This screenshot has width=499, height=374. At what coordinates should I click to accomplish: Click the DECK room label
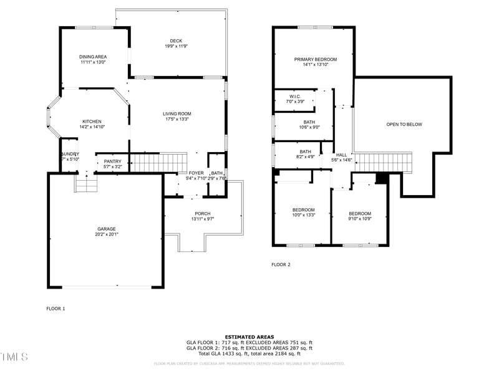pyautogui.click(x=177, y=41)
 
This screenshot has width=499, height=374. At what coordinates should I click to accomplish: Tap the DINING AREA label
pyautogui.click(x=93, y=57)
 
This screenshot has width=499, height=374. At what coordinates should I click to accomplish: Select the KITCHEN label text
pyautogui.click(x=92, y=122)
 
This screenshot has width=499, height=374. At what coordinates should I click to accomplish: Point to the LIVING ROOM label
pyautogui.click(x=177, y=113)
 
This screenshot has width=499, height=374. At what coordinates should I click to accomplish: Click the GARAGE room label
pyautogui.click(x=106, y=229)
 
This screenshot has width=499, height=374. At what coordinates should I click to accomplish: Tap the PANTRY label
pyautogui.click(x=112, y=161)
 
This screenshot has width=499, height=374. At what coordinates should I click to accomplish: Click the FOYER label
pyautogui.click(x=196, y=173)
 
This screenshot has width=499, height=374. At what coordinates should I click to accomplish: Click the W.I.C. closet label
pyautogui.click(x=295, y=96)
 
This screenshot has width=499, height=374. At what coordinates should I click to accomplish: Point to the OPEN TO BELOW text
pyautogui.click(x=404, y=124)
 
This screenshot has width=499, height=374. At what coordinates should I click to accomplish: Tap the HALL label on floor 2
pyautogui.click(x=342, y=155)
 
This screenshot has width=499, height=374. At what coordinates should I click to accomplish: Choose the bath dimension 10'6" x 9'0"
pyautogui.click(x=309, y=127)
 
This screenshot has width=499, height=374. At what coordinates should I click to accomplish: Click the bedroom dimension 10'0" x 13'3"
pyautogui.click(x=304, y=215)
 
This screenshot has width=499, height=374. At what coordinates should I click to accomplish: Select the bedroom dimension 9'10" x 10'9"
pyautogui.click(x=360, y=219)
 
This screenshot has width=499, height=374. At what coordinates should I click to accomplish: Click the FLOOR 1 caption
pyautogui.click(x=56, y=308)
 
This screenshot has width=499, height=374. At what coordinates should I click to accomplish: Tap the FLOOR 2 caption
pyautogui.click(x=281, y=264)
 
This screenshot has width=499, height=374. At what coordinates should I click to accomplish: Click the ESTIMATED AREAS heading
pyautogui.click(x=249, y=337)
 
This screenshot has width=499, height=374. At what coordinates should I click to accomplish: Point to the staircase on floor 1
pyautogui.click(x=158, y=163)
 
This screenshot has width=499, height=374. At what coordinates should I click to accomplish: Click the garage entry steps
pyautogui.click(x=85, y=184)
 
